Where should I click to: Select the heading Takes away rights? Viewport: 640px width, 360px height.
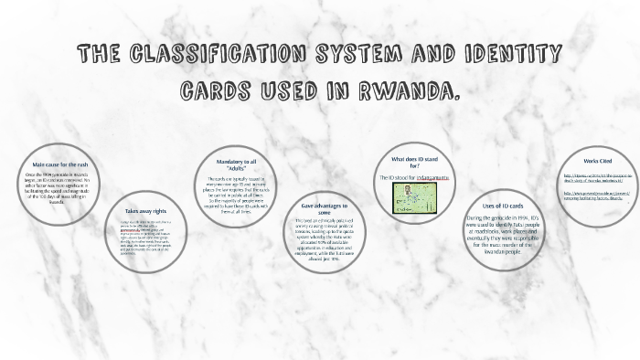(147, 211)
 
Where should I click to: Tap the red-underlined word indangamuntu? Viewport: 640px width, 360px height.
(425, 177)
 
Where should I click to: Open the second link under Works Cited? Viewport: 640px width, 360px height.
(592, 196)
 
